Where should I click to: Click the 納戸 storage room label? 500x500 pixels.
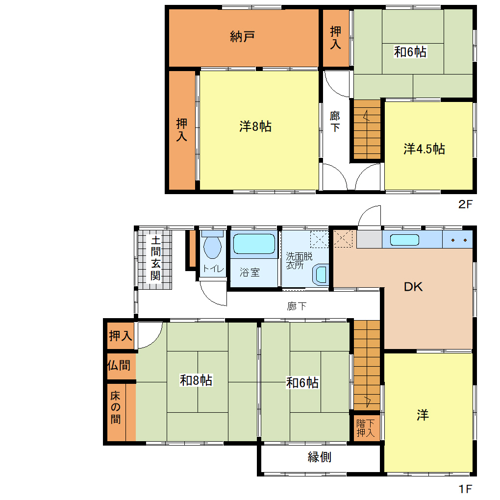point(242,37)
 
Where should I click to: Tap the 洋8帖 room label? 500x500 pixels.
point(255,126)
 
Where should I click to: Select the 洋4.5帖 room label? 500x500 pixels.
point(424,149)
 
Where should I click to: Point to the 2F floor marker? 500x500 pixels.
point(465,204)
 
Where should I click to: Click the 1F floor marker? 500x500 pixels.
point(465,489)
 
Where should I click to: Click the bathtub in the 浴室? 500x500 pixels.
point(254,244)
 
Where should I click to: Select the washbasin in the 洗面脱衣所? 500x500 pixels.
point(321,275)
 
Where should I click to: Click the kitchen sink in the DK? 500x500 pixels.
point(404,240)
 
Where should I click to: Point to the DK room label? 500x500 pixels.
point(413,287)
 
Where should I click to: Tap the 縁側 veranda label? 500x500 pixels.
point(320,457)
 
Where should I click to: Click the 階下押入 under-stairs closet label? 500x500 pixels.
point(365,428)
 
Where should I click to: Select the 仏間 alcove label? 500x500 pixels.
point(119,365)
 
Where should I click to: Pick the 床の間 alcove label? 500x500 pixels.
point(115,407)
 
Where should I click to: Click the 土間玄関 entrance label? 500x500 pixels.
point(155,258)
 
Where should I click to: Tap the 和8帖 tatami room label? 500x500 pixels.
point(196,380)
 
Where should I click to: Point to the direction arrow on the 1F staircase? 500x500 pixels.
point(367,401)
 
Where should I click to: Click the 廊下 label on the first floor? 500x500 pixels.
point(297,306)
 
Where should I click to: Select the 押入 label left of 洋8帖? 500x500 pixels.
point(182,130)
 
